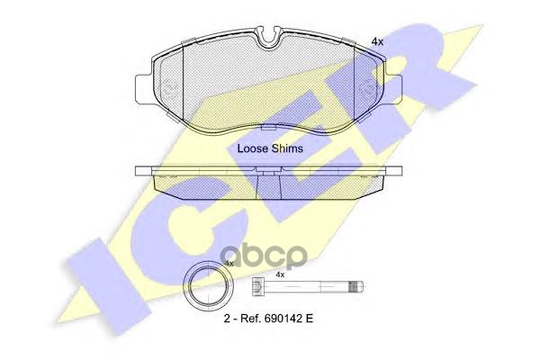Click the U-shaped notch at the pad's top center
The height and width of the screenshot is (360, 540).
click(x=268, y=37)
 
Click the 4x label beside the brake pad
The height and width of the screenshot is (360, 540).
click(x=377, y=41)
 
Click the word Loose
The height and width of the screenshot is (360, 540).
click(x=252, y=148)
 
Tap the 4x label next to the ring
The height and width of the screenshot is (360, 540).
click(x=229, y=263)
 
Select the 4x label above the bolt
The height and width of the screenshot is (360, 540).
click(x=280, y=274)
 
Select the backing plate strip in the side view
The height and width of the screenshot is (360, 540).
click(x=268, y=168)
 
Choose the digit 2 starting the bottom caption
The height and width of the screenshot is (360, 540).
click(x=225, y=319)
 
